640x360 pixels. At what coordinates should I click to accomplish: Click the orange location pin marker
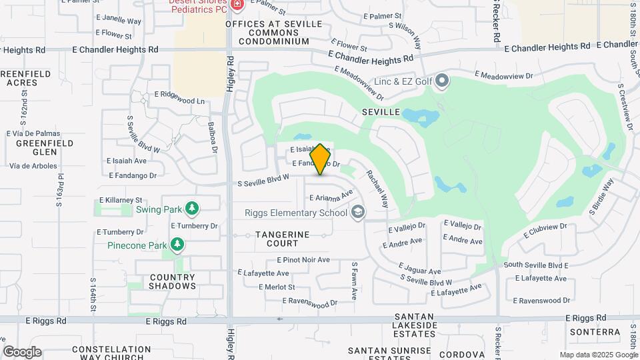[321, 159]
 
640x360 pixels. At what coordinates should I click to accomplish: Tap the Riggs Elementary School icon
[358, 213]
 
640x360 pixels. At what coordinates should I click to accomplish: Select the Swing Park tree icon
[192, 209]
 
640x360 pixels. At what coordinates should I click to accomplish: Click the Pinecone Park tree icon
[177, 245]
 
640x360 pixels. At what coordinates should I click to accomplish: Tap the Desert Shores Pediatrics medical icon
[237, 5]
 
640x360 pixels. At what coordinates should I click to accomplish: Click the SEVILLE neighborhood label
[381, 112]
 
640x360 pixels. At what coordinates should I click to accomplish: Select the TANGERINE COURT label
[283, 239]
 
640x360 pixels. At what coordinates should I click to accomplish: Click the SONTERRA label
[595, 331]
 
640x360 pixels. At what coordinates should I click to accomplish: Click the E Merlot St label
[277, 287]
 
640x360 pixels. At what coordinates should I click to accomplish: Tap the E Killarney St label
[121, 199]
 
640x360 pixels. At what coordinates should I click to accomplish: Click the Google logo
[22, 352]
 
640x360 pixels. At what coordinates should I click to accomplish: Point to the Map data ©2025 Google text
[598, 355]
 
